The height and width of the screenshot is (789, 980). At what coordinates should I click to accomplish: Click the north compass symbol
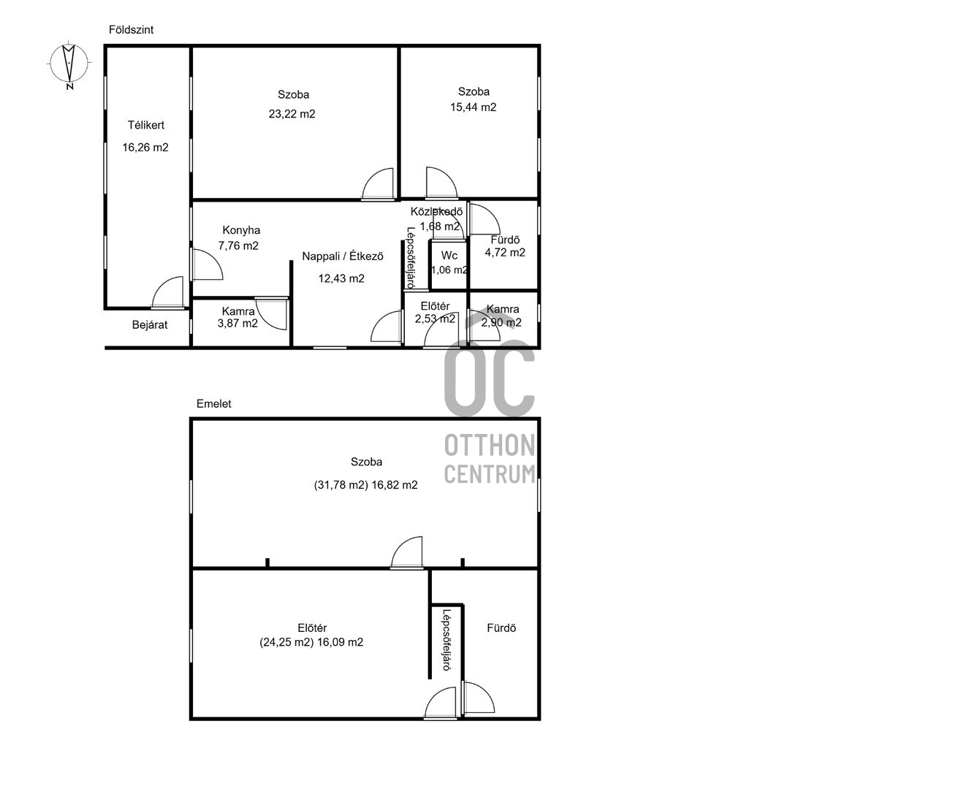click(69, 64)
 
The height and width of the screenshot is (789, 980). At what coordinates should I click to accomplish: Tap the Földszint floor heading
click(131, 30)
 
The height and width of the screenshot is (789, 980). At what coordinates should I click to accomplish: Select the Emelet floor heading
click(214, 404)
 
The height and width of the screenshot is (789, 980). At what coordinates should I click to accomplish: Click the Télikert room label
click(145, 125)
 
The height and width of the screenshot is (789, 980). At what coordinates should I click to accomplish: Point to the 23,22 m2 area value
click(292, 114)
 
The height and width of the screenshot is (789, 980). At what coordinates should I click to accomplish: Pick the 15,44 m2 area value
click(473, 107)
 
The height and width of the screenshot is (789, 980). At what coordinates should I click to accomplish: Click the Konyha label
click(241, 230)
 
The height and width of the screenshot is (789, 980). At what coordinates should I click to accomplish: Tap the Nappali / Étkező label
click(343, 256)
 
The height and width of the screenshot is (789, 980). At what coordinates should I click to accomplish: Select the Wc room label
click(449, 256)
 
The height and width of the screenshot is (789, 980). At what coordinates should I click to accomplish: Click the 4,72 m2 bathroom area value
click(505, 253)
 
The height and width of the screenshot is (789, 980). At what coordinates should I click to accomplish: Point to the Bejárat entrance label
click(150, 325)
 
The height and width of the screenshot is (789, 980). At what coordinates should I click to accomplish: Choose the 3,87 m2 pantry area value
click(238, 324)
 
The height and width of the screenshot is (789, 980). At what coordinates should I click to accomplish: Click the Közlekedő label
click(437, 212)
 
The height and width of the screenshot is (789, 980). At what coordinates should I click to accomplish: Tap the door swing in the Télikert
click(167, 292)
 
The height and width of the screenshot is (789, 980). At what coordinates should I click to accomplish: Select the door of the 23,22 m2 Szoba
click(378, 184)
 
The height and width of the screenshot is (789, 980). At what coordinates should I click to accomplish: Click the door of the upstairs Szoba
click(406, 553)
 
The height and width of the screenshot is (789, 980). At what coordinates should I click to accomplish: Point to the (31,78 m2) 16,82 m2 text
click(365, 485)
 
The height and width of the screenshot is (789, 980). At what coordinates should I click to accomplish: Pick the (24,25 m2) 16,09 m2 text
click(311, 642)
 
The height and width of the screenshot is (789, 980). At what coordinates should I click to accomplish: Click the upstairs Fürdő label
click(501, 628)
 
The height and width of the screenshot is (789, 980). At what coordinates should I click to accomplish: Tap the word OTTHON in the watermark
click(490, 445)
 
